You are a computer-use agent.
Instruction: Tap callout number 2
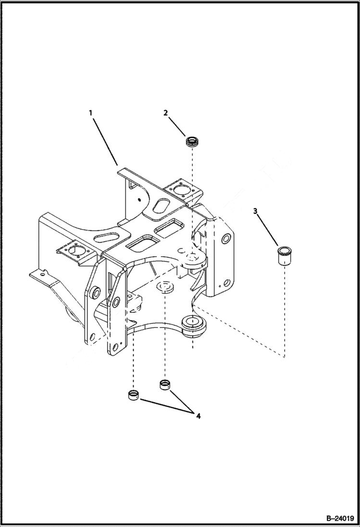tap(165, 113)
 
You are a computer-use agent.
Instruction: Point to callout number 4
tap(198, 416)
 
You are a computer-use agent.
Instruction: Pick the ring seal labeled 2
tap(192, 143)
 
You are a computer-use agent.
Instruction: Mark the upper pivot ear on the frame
tap(194, 258)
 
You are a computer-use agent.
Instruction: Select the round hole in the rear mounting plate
tap(182, 191)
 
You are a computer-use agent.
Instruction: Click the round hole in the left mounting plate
tap(77, 250)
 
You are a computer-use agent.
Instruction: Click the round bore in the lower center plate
tap(166, 287)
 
